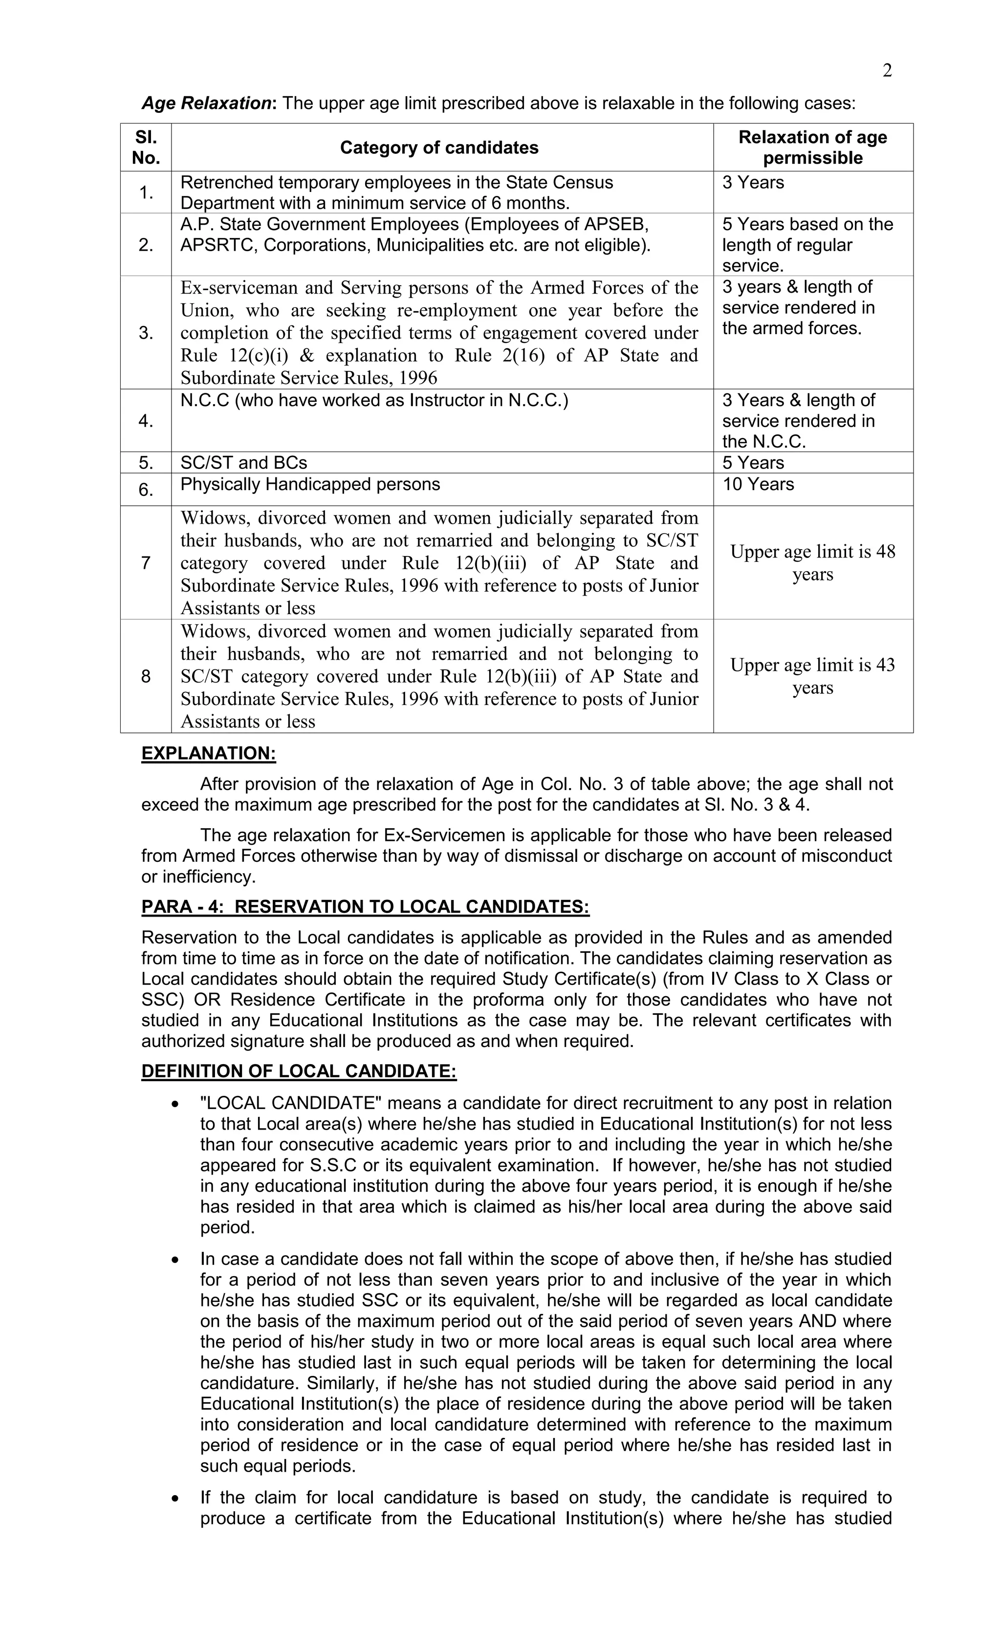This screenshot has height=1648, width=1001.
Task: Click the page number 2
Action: (887, 71)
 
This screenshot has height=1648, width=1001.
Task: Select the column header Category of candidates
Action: (439, 148)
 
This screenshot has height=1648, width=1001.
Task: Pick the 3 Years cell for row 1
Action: (753, 183)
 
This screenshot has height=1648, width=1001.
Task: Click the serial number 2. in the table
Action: (146, 245)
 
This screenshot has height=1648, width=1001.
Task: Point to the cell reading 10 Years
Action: (758, 484)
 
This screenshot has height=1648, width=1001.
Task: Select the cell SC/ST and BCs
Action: (243, 463)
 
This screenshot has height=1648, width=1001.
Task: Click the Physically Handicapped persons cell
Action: (310, 484)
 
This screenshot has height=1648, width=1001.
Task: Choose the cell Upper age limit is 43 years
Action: (812, 676)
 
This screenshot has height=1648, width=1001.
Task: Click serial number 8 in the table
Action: (146, 677)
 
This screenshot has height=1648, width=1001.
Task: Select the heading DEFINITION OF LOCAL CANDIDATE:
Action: (299, 1071)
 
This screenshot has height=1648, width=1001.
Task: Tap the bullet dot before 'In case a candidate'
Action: (175, 1260)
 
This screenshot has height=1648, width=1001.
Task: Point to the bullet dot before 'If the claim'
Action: (175, 1498)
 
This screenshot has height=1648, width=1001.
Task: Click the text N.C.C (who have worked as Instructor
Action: (374, 401)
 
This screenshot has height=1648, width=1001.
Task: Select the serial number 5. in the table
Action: (146, 463)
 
